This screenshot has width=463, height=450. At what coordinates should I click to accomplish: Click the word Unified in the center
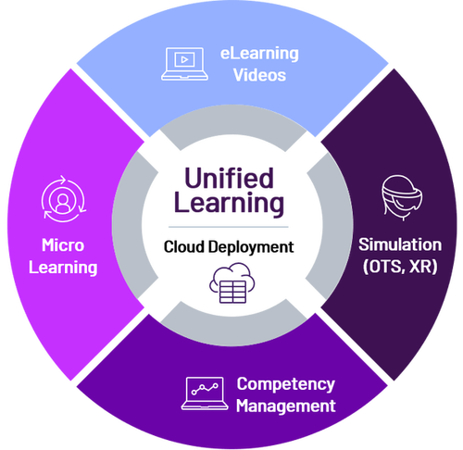point(229,178)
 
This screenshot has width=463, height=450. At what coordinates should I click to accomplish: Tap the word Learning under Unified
point(229,204)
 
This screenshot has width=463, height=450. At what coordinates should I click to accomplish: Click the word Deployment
point(251,247)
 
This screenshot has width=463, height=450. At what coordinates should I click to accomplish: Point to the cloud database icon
point(232,283)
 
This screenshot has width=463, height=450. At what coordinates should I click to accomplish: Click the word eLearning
point(259,54)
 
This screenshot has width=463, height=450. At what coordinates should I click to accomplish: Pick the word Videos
point(259,75)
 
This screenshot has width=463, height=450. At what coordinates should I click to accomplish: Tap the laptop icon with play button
point(184,64)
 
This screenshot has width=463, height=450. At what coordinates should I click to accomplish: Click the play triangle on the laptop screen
point(184,59)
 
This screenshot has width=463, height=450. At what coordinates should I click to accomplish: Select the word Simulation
point(400,244)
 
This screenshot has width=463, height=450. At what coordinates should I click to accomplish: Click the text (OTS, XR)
point(400,267)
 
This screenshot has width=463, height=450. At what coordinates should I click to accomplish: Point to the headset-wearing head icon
point(402,197)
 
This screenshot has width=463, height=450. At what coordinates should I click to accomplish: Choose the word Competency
point(285,384)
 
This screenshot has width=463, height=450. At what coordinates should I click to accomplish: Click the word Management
point(285,406)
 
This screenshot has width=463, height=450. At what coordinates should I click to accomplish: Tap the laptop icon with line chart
point(205,394)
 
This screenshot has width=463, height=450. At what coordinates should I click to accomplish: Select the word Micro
point(63,245)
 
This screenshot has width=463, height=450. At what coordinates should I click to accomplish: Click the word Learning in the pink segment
point(63,268)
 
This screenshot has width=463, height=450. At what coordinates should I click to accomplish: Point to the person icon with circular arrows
point(64,199)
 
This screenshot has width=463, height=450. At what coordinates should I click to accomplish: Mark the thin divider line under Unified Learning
point(229,227)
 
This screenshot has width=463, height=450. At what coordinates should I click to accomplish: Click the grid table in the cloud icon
point(233,292)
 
